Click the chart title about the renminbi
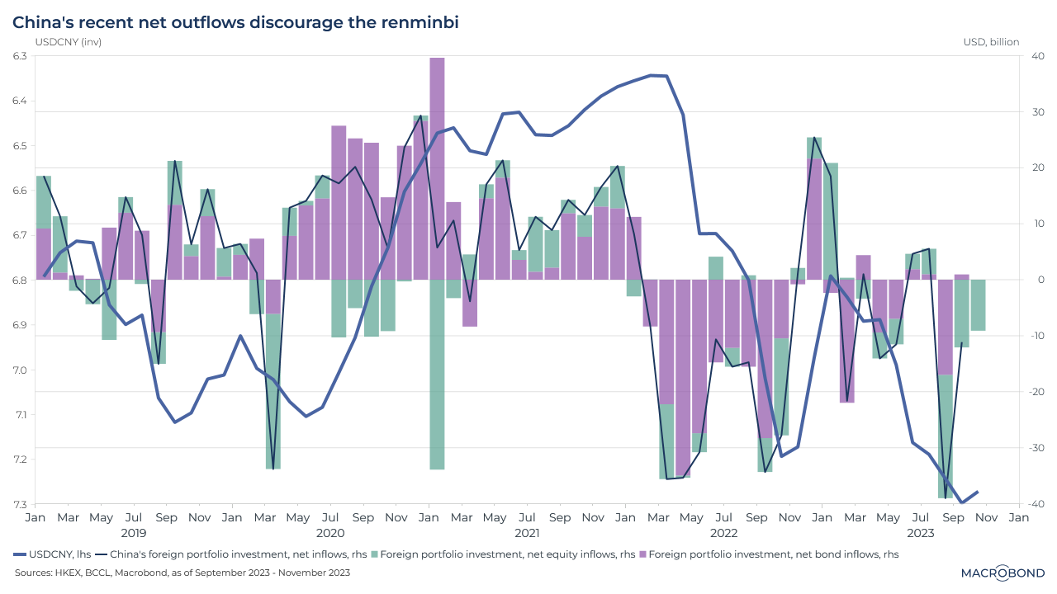pos(235,22)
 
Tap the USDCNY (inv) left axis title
pos(68,42)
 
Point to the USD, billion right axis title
pos(991,42)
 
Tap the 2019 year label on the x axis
pos(133,534)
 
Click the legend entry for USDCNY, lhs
pos(54,554)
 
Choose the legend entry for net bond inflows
pos(768,554)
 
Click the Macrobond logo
pos(1002,573)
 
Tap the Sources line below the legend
pos(182,573)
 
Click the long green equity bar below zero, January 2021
pos(438,375)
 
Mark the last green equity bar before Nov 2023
pos(978,305)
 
